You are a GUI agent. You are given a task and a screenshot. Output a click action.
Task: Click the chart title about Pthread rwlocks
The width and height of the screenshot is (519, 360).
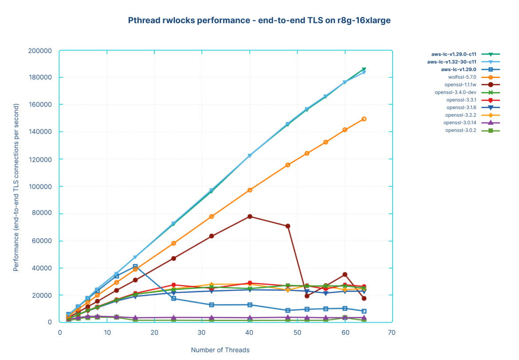click(259, 20)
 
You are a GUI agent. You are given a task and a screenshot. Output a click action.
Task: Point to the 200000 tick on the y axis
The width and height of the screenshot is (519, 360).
click(39, 51)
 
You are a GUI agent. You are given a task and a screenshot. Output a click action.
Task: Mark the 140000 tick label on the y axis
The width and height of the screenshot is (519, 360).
click(39, 132)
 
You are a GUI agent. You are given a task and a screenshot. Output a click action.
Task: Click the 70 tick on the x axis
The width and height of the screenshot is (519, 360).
click(392, 332)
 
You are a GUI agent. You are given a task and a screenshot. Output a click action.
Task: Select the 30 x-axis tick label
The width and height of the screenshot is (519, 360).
click(202, 332)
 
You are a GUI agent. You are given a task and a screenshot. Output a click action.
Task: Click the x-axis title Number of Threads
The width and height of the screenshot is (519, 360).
click(220, 350)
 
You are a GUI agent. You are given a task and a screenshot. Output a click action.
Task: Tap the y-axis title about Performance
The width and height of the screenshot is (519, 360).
click(16, 187)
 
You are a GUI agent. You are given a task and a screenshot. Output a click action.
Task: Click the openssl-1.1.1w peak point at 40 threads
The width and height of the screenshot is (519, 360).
click(250, 217)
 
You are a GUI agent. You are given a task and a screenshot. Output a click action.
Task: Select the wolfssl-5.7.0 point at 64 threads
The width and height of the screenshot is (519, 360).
click(364, 119)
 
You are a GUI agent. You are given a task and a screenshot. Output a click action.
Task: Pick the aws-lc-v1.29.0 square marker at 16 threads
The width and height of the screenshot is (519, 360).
click(135, 266)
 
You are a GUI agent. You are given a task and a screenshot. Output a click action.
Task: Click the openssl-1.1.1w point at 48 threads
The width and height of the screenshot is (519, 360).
click(288, 226)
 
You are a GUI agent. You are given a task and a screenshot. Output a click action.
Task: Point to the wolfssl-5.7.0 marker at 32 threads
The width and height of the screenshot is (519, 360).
click(212, 217)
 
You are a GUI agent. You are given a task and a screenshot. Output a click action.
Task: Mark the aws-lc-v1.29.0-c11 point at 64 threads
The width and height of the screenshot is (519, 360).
click(364, 69)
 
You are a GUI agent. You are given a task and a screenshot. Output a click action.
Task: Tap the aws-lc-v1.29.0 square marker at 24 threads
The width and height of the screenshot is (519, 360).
click(173, 299)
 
